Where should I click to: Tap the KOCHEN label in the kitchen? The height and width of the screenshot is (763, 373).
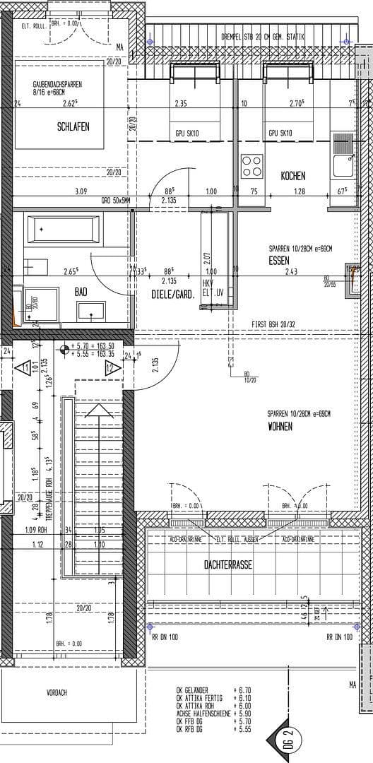click(292, 176)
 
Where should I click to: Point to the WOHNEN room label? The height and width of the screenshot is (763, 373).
click(280, 426)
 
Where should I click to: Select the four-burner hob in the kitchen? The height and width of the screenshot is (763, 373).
click(251, 166)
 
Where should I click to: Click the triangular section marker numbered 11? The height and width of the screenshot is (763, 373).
click(25, 368)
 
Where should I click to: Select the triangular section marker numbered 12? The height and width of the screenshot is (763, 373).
click(110, 367)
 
